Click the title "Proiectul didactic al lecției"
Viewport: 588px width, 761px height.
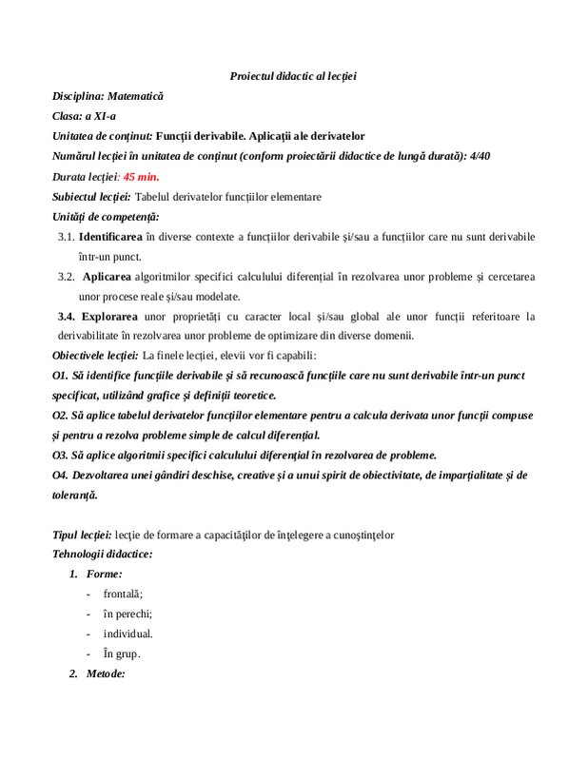[293, 75]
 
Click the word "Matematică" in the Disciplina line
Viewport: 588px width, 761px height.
[135, 96]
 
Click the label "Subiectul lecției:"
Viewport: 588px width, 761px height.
[92, 197]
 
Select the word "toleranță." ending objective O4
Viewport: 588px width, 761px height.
[77, 495]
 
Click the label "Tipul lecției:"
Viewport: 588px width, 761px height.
[83, 535]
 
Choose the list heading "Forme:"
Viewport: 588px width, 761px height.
[104, 575]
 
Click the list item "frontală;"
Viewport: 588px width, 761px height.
[122, 595]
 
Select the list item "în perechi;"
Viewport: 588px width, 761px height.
[127, 614]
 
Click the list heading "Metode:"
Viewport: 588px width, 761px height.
[106, 673]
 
